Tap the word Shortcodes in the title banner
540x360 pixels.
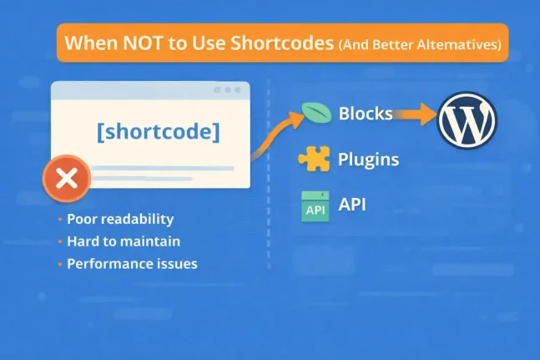click(285, 43)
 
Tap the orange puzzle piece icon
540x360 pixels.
click(315, 159)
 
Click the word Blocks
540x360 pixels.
click(366, 114)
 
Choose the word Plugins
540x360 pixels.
click(368, 159)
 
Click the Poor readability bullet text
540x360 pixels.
click(120, 220)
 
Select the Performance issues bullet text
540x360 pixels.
click(132, 264)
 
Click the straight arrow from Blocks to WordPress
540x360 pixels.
click(416, 114)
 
